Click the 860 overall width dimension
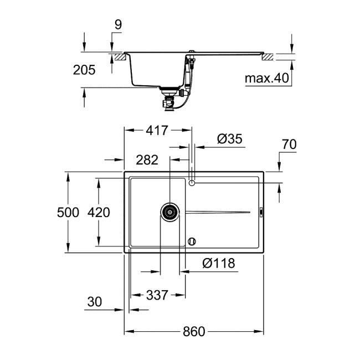tap(194, 331)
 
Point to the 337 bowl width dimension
tap(157, 295)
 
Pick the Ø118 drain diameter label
tap(219, 264)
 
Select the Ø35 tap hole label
tap(229, 140)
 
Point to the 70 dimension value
tap(289, 145)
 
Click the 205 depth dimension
tap(84, 70)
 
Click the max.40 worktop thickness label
tap(268, 79)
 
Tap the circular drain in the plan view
tap(170, 211)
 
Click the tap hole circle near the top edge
tap(192, 182)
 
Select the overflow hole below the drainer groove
tap(192, 241)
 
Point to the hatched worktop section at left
tap(118, 56)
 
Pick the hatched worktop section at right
tap(269, 56)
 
